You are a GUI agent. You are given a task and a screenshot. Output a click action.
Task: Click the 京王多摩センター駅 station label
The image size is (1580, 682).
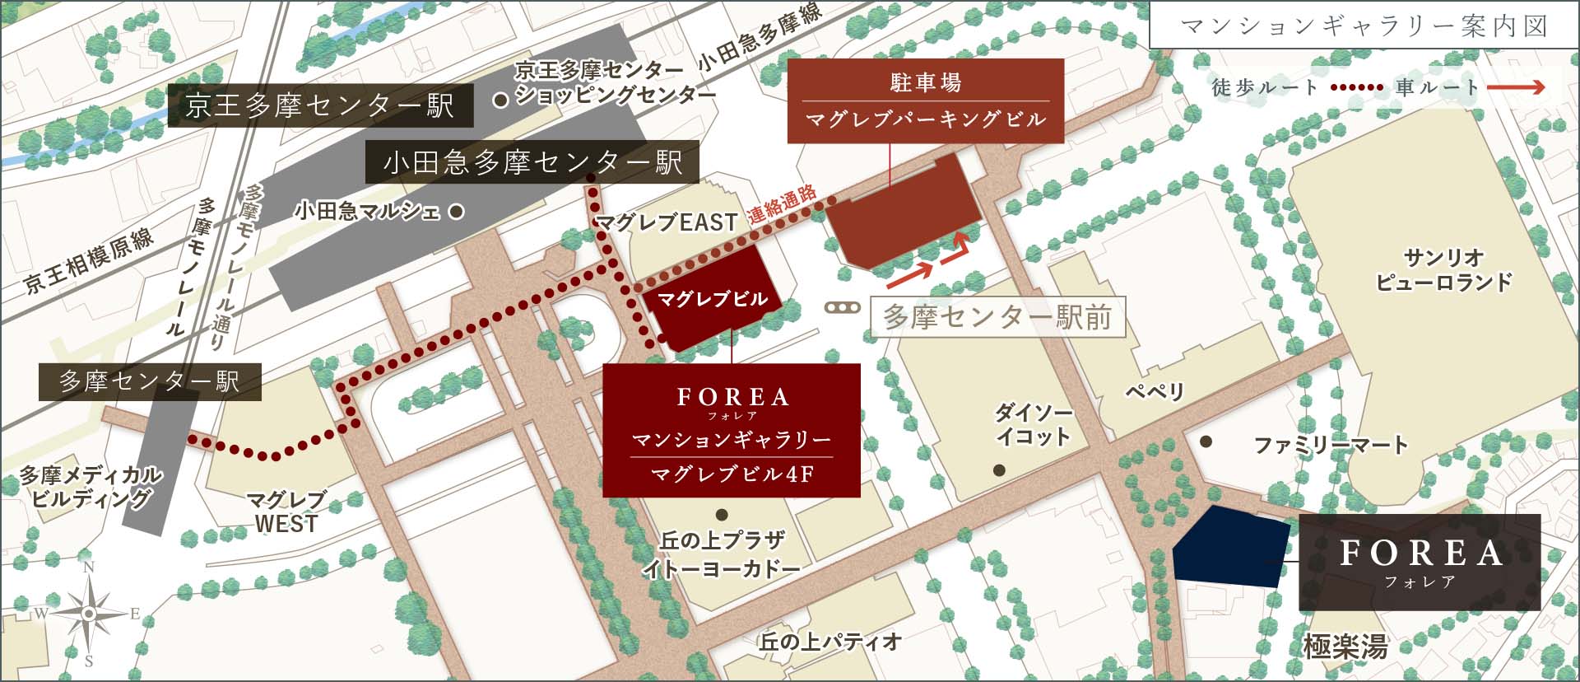(x=320, y=105)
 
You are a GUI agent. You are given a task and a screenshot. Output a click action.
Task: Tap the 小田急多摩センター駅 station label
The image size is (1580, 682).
(x=532, y=162)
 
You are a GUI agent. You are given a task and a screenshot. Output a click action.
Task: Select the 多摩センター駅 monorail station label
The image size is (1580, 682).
(x=150, y=381)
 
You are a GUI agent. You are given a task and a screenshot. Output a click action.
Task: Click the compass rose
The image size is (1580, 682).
(x=88, y=613)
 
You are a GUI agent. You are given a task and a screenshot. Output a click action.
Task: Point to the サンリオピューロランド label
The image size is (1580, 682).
(x=1443, y=269)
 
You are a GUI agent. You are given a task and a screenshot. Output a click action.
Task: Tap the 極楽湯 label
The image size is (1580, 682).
(x=1345, y=647)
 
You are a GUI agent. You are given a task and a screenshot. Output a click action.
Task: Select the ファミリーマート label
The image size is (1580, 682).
(x=1330, y=446)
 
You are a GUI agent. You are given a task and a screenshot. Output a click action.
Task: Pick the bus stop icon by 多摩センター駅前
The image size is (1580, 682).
(x=843, y=308)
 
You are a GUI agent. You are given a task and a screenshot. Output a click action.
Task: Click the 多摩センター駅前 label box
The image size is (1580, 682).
(x=997, y=317)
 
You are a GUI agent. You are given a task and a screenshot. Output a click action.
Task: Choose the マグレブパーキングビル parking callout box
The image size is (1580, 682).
(x=926, y=100)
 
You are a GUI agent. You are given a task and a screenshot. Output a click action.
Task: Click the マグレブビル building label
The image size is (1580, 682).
(x=712, y=299)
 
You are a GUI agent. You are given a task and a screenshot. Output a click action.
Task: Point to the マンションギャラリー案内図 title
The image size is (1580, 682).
(x=1363, y=26)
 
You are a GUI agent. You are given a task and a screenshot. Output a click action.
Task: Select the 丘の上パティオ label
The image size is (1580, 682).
(x=829, y=642)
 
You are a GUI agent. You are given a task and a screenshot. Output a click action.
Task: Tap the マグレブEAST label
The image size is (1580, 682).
(x=666, y=222)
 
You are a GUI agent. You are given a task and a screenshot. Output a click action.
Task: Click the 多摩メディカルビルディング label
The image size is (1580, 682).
(x=91, y=486)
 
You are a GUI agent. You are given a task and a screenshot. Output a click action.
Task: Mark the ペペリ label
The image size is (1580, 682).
(x=1155, y=391)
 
